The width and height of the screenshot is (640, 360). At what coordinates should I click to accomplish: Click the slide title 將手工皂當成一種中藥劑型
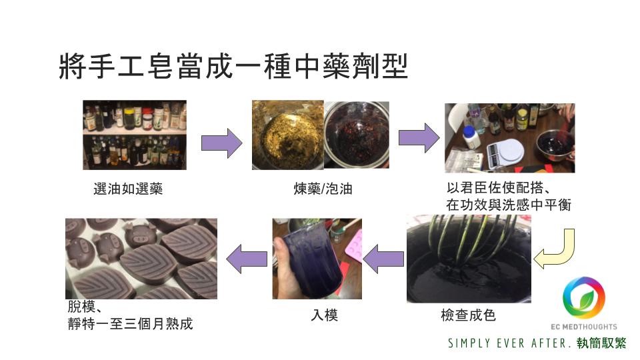click(233, 66)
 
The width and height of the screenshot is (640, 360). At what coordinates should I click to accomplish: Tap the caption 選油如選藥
click(128, 189)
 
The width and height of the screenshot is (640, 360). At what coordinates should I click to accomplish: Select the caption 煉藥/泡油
click(323, 189)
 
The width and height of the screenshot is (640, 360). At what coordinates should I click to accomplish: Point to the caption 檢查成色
click(468, 315)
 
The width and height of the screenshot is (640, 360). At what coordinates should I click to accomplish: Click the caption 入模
click(325, 315)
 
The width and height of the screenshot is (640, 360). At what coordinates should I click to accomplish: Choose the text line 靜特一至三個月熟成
click(130, 324)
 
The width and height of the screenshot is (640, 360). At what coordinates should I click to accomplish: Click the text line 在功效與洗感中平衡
click(509, 205)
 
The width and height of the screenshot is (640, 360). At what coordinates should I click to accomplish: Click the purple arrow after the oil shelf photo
click(221, 143)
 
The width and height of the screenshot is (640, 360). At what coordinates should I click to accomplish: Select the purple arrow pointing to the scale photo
click(419, 138)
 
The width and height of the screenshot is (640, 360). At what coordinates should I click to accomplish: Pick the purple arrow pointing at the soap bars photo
click(247, 259)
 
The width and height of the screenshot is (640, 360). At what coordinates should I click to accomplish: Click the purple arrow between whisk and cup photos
click(383, 259)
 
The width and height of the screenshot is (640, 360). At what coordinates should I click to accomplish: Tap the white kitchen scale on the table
click(505, 151)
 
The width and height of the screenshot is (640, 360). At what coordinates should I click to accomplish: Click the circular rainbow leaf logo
click(584, 298)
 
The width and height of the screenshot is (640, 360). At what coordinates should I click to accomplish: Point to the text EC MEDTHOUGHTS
click(584, 327)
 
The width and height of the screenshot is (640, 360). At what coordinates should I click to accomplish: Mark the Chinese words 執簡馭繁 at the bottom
click(601, 343)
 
